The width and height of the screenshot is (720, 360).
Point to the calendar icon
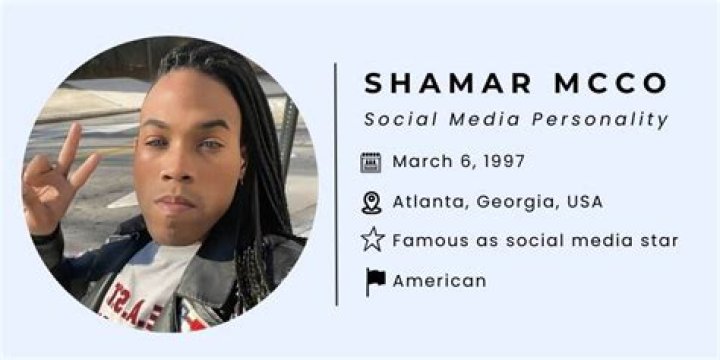[371, 161]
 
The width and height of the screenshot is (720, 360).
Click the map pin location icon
[371, 202]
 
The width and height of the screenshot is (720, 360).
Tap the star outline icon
[372, 240]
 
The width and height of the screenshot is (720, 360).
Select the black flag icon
[374, 281]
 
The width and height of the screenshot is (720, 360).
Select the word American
[439, 281]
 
